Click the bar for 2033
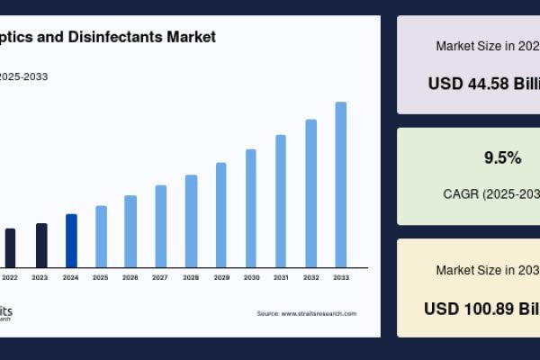pos(341,184)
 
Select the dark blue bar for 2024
pos(71,240)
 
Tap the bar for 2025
pos(101,237)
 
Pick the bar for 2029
pos(220,215)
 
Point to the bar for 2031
pos(281,201)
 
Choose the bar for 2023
pos(41,245)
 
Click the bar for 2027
pos(161,226)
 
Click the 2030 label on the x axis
pos(251,277)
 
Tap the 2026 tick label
pos(130,277)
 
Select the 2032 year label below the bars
pos(310,277)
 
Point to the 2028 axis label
pos(191,277)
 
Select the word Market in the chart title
pos(191,37)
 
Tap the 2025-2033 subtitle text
pos(24,76)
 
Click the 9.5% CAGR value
pos(502,157)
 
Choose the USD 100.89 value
pos(481,308)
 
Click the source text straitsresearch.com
pos(306,313)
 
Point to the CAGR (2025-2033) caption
pos(491,193)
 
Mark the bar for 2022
pos(11,247)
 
